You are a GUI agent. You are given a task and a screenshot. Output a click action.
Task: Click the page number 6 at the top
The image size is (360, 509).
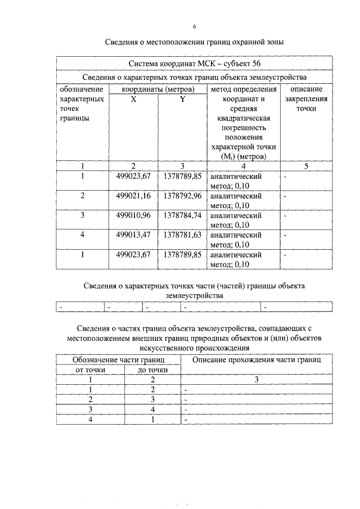pyautogui.click(x=194, y=26)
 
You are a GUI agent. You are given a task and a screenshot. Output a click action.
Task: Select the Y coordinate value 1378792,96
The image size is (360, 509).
pyautogui.click(x=182, y=196)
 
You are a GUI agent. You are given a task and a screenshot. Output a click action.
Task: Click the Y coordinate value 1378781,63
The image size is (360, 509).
pyautogui.click(x=182, y=235)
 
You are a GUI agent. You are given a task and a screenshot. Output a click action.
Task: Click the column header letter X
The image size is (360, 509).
pyautogui.click(x=133, y=98)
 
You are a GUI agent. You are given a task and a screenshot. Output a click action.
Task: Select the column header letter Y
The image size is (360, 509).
pyautogui.click(x=182, y=98)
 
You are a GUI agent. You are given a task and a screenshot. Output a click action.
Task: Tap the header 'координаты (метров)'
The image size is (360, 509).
pyautogui.click(x=158, y=89)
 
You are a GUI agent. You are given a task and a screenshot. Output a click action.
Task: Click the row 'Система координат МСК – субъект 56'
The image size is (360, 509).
pyautogui.click(x=194, y=64)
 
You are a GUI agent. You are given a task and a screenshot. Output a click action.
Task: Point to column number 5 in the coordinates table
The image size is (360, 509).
pyautogui.click(x=306, y=166)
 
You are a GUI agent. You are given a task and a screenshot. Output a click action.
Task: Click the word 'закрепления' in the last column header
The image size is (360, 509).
pyautogui.click(x=306, y=98)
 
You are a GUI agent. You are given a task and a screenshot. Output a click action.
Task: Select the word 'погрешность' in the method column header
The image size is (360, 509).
pyautogui.click(x=244, y=128)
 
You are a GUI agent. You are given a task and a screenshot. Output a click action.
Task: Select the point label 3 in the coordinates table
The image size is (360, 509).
pyautogui.click(x=82, y=215)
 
